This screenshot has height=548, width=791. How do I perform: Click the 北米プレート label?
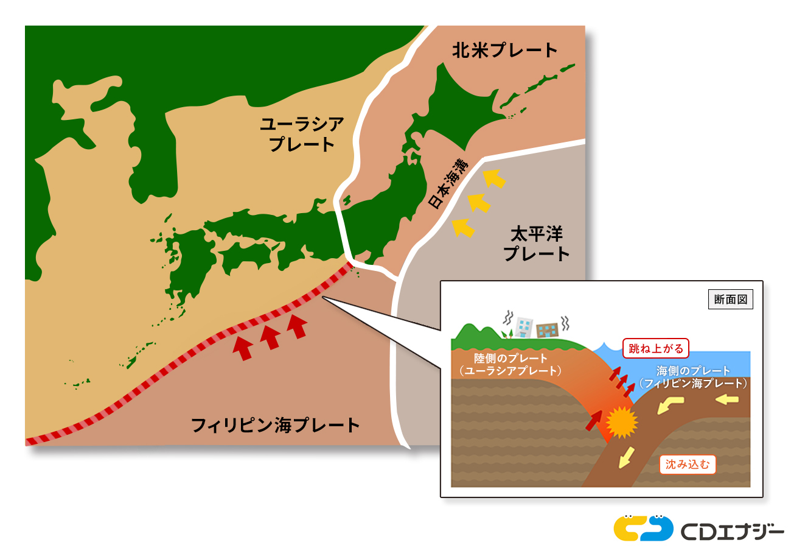(504, 51)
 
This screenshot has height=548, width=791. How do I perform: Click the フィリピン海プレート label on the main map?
(276, 425)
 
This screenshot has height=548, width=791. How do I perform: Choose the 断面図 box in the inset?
(730, 300)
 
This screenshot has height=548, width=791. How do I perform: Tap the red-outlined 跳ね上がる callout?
(656, 349)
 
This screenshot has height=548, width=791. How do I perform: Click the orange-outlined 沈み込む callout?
(688, 465)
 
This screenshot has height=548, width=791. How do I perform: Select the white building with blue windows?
(524, 326)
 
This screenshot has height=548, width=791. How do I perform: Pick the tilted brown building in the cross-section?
(547, 329)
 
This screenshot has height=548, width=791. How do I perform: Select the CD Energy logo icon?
(643, 528)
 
